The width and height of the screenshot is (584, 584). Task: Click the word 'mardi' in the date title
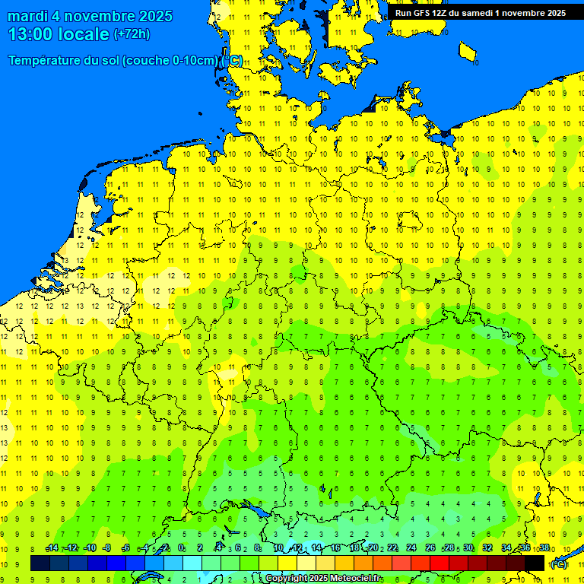[x=28, y=16]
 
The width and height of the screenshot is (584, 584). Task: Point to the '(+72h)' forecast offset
[x=132, y=34]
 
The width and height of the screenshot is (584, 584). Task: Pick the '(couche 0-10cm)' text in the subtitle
[x=169, y=61]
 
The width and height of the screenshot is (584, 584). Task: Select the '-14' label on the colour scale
[x=52, y=548]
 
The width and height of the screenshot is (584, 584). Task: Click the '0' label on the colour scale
[x=181, y=548]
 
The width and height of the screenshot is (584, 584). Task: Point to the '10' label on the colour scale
[x=278, y=548]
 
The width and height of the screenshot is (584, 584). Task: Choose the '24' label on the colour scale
[x=411, y=548]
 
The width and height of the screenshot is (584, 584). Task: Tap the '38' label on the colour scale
[x=544, y=548]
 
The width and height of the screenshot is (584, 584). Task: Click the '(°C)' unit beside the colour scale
[x=559, y=563]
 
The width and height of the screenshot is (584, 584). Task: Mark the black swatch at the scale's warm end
[x=535, y=563]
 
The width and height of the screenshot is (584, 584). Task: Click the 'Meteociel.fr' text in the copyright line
[x=356, y=579]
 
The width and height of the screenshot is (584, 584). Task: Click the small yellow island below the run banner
[x=468, y=52]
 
